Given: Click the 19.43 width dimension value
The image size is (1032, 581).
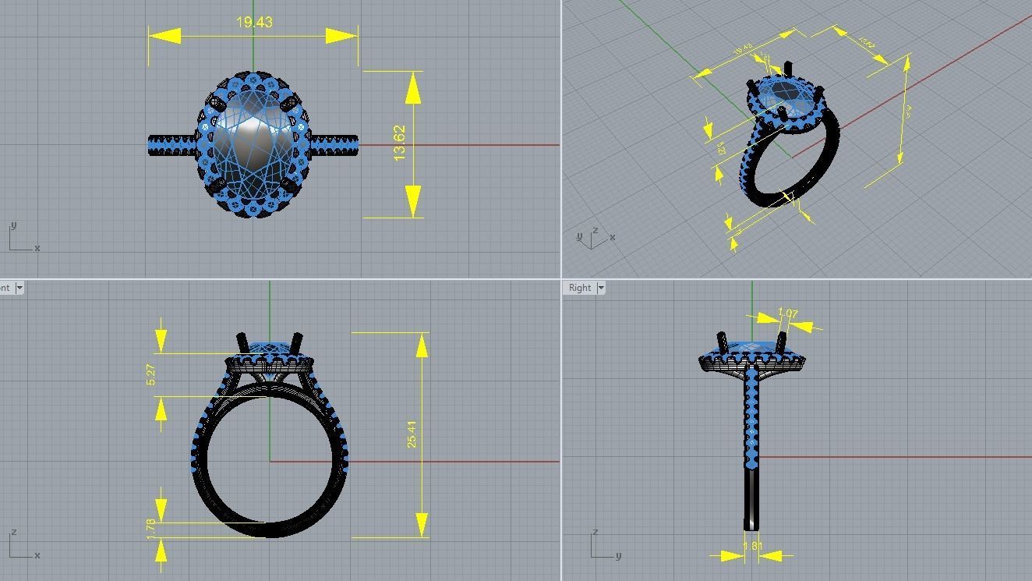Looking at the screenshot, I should [x=254, y=23].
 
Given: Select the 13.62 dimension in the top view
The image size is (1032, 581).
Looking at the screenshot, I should [x=400, y=143].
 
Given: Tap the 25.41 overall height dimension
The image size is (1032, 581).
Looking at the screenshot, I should [x=412, y=434].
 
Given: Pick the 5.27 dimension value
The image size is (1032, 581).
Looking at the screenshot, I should [x=151, y=374].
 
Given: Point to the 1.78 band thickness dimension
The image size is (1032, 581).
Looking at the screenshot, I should [x=151, y=528].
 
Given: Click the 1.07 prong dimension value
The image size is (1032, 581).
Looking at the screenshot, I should [x=788, y=314].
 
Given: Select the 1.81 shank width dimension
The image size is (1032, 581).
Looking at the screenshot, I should [x=753, y=546].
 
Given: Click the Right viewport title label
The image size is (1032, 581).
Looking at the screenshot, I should [x=580, y=288].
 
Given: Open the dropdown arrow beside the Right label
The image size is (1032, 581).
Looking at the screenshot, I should [x=601, y=288].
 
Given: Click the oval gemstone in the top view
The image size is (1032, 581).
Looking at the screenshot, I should [x=253, y=144].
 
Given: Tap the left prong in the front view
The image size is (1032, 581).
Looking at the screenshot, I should [x=242, y=344].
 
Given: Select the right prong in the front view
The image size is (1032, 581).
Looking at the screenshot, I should [x=296, y=343].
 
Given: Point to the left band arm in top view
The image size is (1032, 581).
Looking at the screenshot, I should [x=172, y=145].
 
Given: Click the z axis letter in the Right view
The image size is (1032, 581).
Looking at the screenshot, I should [x=596, y=533].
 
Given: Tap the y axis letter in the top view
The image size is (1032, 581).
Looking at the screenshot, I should [x=13, y=225].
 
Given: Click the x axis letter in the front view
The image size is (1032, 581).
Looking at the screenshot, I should [x=37, y=555].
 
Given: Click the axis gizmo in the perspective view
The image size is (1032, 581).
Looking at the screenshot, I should [x=595, y=237].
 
